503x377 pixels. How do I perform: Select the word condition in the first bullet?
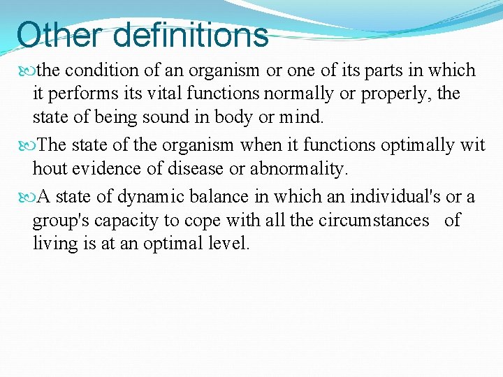101,71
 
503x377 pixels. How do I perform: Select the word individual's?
390,198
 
